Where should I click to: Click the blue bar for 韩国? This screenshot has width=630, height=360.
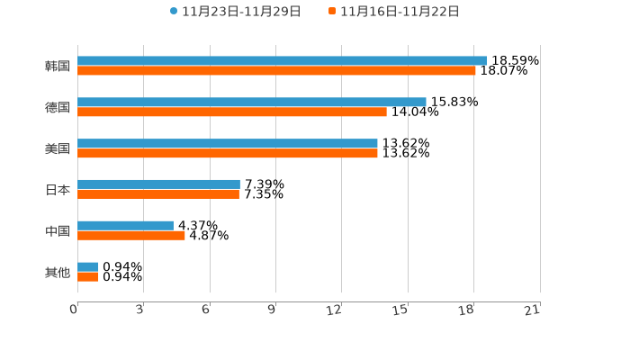click(283, 61)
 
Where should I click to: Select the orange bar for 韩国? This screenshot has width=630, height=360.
click(276, 71)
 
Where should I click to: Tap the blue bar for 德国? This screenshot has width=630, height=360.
click(252, 103)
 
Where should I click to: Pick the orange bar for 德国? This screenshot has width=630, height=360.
click(232, 112)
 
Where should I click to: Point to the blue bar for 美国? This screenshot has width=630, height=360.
click(228, 144)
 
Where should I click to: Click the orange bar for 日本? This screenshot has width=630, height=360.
click(158, 194)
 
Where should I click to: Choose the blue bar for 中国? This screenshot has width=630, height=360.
click(125, 226)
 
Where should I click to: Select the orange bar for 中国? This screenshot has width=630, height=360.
click(131, 236)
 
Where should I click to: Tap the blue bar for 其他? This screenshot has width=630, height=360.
click(88, 267)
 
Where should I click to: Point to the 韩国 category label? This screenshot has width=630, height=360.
click(58, 67)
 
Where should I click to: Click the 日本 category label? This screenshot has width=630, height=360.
click(58, 190)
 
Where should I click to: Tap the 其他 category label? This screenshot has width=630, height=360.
click(58, 273)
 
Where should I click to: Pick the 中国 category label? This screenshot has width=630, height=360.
click(58, 231)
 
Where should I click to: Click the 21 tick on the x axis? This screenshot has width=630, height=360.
click(533, 310)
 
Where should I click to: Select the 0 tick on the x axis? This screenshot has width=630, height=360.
click(74, 310)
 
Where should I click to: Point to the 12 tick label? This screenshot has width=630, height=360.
click(335, 310)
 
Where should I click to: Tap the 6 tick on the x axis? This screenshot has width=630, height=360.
click(206, 310)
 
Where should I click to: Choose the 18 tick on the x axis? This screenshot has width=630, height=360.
click(467, 310)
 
